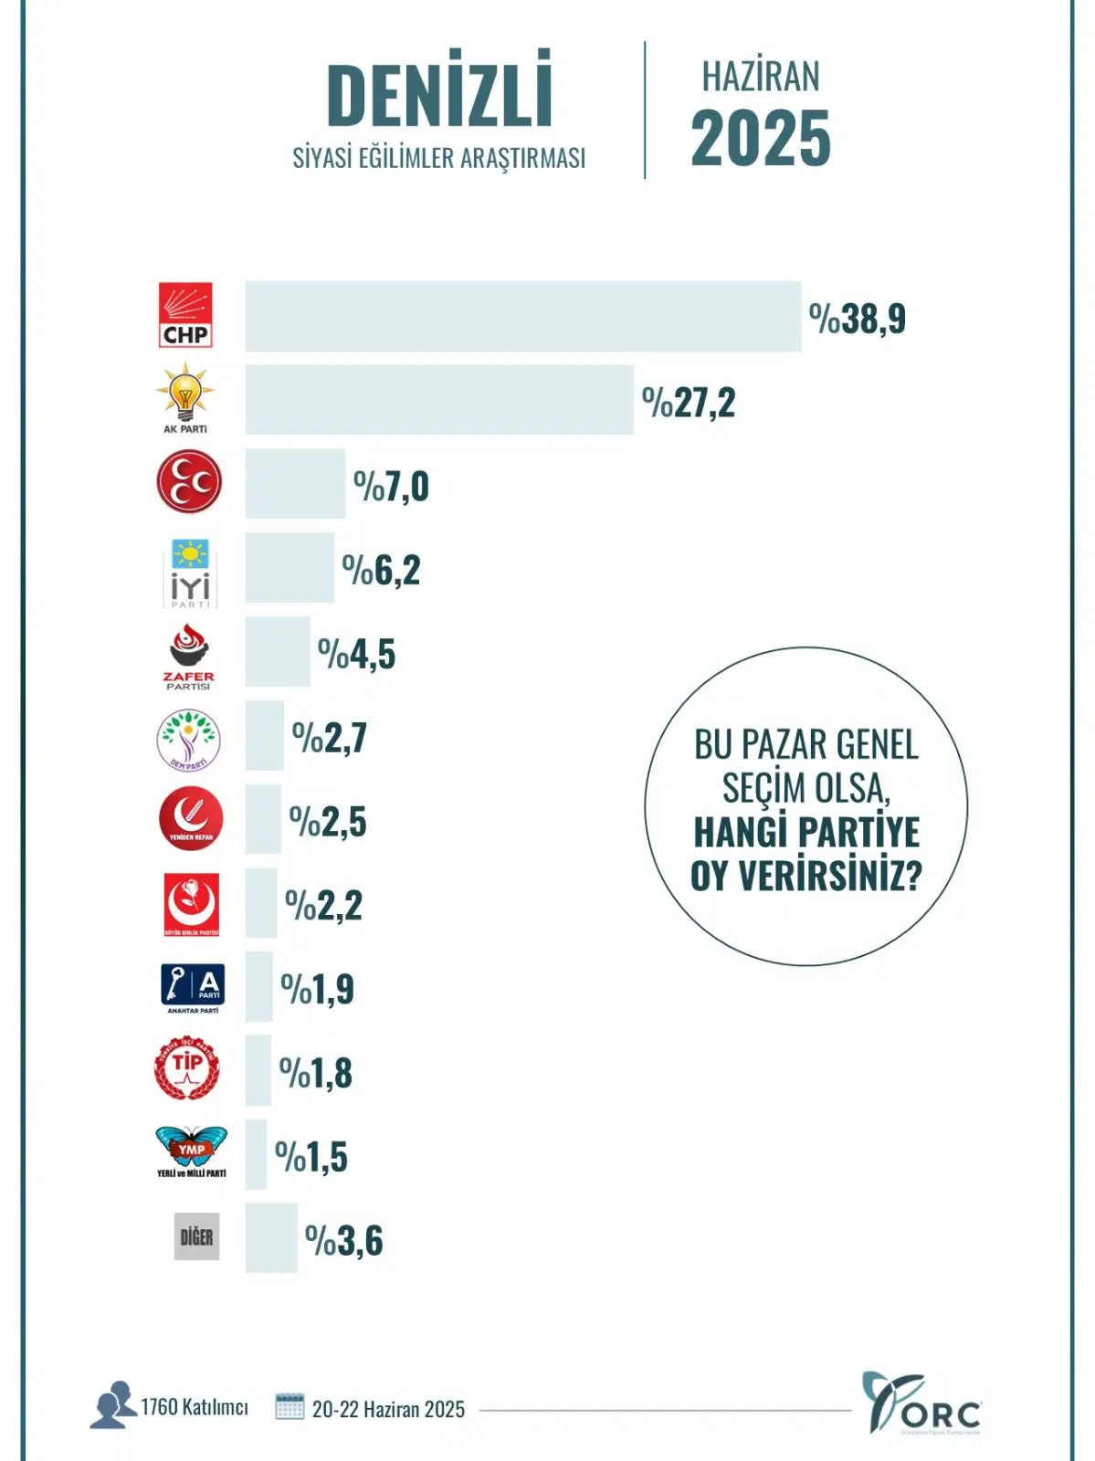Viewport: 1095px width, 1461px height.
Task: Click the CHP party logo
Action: click(x=186, y=315)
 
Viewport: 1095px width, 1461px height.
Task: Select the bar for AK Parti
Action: click(x=439, y=400)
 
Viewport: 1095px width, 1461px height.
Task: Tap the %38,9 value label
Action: click(x=857, y=319)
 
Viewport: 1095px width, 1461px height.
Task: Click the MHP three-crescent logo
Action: click(x=189, y=482)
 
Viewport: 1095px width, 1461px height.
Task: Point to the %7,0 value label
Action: click(x=391, y=486)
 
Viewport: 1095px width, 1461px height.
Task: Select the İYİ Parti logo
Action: click(x=190, y=573)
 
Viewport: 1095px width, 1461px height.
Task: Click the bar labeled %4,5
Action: click(x=278, y=652)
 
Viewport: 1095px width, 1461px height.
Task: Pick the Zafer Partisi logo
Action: click(x=189, y=656)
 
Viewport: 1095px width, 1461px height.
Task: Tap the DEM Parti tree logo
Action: click(x=189, y=740)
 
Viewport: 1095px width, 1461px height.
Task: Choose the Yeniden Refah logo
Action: click(x=190, y=818)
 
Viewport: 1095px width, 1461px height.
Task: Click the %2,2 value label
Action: click(x=323, y=906)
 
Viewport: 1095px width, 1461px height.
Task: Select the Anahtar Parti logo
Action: click(x=192, y=988)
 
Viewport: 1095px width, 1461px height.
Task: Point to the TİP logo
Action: click(x=188, y=1068)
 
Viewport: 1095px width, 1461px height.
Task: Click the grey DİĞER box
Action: click(x=196, y=1237)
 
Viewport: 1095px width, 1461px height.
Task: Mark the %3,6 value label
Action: click(x=343, y=1241)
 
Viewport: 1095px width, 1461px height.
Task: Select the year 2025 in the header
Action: click(x=761, y=139)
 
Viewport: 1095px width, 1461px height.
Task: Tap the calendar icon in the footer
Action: click(x=290, y=1406)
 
